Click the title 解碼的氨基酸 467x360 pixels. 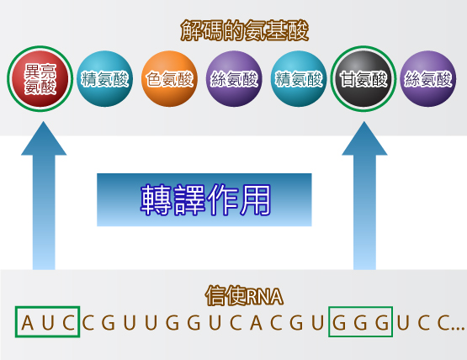click(x=245, y=30)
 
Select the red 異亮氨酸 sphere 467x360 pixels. click(x=40, y=79)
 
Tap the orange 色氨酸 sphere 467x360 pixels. click(x=169, y=79)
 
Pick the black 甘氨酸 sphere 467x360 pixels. click(x=364, y=79)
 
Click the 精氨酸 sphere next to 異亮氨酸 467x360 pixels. click(x=105, y=79)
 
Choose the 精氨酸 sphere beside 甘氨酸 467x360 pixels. click(x=299, y=79)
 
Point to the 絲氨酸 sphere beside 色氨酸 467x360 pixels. click(x=234, y=79)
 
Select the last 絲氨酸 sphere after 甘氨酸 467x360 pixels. click(x=428, y=79)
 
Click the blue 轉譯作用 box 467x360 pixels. click(x=204, y=200)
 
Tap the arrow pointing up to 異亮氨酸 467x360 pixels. click(x=44, y=195)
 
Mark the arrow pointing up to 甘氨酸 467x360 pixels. click(x=364, y=195)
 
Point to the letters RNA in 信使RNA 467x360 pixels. click(x=264, y=297)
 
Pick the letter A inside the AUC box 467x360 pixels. click(x=28, y=323)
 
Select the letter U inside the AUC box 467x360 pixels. click(x=48, y=323)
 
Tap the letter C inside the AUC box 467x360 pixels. click(x=68, y=323)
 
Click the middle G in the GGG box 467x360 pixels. click(x=360, y=323)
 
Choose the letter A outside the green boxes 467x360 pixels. click(x=256, y=323)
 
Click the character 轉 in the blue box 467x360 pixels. click(x=156, y=199)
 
